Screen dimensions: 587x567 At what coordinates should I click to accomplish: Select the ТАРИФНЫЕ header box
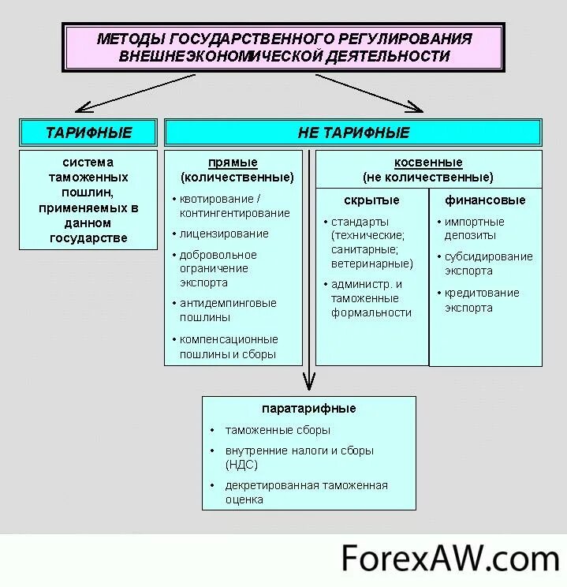(x=89, y=132)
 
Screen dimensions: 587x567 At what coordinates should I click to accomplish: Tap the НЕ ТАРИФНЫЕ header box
(x=353, y=132)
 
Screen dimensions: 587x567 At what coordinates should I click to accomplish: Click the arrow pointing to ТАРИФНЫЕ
(x=134, y=93)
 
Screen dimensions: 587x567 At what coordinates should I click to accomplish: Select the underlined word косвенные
(x=428, y=163)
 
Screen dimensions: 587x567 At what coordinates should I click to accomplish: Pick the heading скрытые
(x=371, y=200)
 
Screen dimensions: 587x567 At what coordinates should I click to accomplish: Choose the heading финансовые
(x=485, y=200)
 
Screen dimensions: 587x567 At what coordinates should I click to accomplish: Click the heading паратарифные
(x=308, y=409)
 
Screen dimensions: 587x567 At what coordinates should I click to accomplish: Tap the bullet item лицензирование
(x=224, y=234)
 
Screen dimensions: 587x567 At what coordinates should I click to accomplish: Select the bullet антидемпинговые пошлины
(x=227, y=310)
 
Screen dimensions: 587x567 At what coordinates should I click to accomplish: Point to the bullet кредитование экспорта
(x=481, y=300)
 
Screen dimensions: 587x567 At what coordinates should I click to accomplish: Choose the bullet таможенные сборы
(x=278, y=430)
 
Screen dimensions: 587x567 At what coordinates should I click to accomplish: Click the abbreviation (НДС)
(x=241, y=465)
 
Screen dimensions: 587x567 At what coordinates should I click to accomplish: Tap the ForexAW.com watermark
(x=449, y=559)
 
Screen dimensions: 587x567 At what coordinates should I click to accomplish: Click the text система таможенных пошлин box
(x=89, y=200)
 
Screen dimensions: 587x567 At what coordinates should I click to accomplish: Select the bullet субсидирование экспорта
(x=487, y=264)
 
